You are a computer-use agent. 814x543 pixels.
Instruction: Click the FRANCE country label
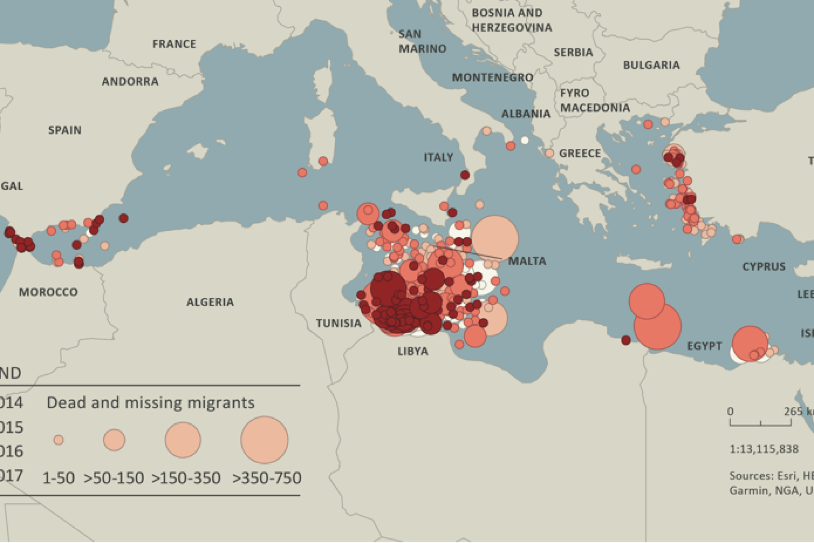(x=174, y=44)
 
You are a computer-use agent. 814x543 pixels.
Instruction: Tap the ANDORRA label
(x=130, y=81)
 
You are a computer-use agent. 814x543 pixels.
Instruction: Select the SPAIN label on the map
(x=65, y=130)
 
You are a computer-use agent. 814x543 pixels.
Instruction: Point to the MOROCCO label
(x=48, y=292)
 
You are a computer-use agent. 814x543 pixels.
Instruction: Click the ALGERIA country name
(x=210, y=302)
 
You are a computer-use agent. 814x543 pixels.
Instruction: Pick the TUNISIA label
(x=338, y=323)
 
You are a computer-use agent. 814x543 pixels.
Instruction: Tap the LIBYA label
(x=413, y=351)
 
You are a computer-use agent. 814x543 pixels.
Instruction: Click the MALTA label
(x=527, y=261)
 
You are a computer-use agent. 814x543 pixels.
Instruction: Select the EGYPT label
(x=704, y=346)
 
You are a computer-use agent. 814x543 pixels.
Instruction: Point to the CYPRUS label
(x=764, y=267)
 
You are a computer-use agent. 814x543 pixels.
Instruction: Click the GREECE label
(x=580, y=154)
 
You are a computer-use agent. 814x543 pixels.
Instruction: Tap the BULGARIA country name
(x=651, y=65)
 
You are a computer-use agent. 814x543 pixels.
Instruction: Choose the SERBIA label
(x=573, y=53)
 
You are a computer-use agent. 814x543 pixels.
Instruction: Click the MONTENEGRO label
(x=492, y=78)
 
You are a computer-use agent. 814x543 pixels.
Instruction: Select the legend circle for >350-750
(x=265, y=440)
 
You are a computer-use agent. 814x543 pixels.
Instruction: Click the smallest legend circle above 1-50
(x=59, y=440)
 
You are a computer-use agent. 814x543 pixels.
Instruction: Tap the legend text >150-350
(x=186, y=478)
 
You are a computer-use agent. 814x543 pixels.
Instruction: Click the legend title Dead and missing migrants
(x=151, y=403)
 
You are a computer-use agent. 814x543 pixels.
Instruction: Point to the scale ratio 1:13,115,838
(x=764, y=449)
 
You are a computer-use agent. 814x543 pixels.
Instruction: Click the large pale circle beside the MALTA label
(x=495, y=238)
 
